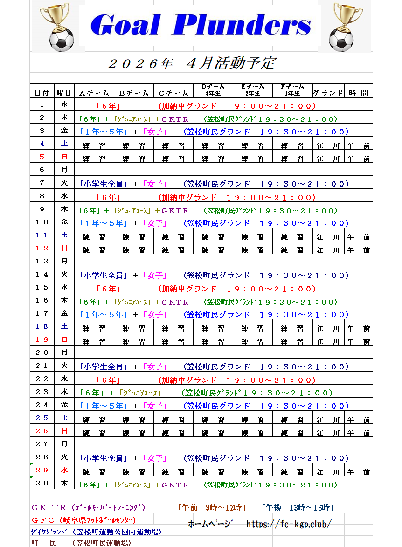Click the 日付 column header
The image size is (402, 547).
(42, 93)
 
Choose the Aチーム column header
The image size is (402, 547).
(94, 93)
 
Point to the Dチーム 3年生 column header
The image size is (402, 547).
(213, 90)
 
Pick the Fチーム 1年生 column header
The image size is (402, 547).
(292, 90)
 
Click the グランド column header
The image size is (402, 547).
(328, 93)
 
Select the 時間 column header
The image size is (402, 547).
(359, 93)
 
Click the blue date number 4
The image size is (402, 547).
(42, 145)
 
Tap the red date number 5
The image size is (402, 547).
(42, 158)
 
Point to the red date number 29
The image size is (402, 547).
(42, 470)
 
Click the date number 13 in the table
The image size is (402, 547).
(42, 261)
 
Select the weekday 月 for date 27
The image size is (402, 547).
(64, 444)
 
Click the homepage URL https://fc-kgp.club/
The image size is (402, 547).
(289, 524)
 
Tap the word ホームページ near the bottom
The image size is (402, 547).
(209, 524)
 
